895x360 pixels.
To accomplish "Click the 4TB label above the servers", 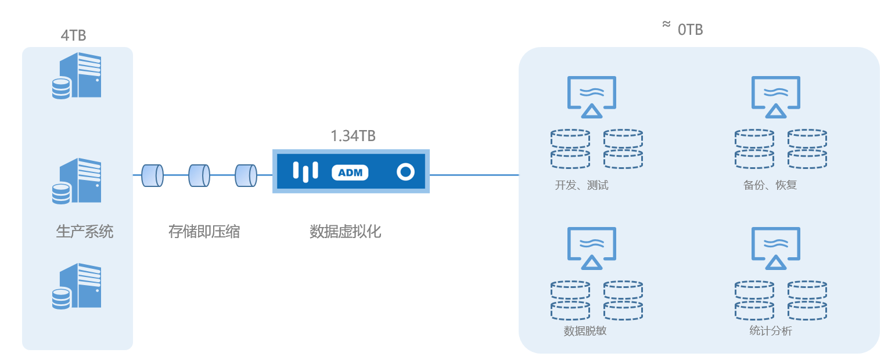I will [74, 35].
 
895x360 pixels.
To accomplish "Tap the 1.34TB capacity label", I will [353, 136].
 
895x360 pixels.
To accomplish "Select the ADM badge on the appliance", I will [350, 172].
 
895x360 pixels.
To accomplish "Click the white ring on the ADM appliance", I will [405, 172].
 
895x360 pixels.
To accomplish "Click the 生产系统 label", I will [85, 232].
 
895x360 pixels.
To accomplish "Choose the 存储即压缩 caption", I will [204, 232].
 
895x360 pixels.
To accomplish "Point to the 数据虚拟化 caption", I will [346, 232].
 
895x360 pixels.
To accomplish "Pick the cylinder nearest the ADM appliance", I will [246, 175].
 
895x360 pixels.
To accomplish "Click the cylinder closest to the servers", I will [152, 175].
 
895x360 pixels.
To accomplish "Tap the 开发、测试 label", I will [581, 186].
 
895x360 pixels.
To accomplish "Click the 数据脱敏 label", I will [585, 331].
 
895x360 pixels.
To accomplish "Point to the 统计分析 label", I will [771, 331].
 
